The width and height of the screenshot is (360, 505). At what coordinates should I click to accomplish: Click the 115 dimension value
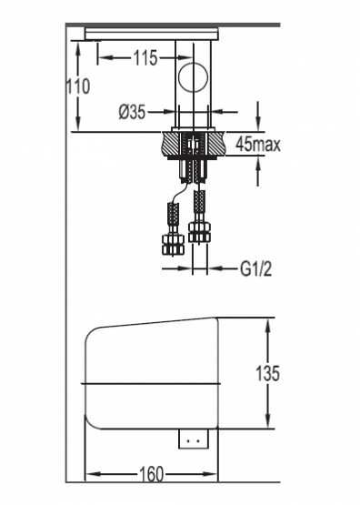tap(145, 58)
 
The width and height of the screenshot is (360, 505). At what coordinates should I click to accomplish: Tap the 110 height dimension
tap(78, 86)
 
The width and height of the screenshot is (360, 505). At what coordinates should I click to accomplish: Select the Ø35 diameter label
tap(132, 113)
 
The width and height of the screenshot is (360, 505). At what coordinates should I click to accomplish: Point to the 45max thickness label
tap(257, 145)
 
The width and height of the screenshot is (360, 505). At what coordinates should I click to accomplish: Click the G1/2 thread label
tap(255, 268)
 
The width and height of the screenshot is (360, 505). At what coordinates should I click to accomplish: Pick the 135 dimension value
tap(267, 374)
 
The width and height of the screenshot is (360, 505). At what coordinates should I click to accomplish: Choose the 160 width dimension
tap(151, 474)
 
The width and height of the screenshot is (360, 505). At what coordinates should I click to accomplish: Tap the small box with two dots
tap(194, 439)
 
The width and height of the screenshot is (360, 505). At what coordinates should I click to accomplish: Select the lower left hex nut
tap(173, 245)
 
